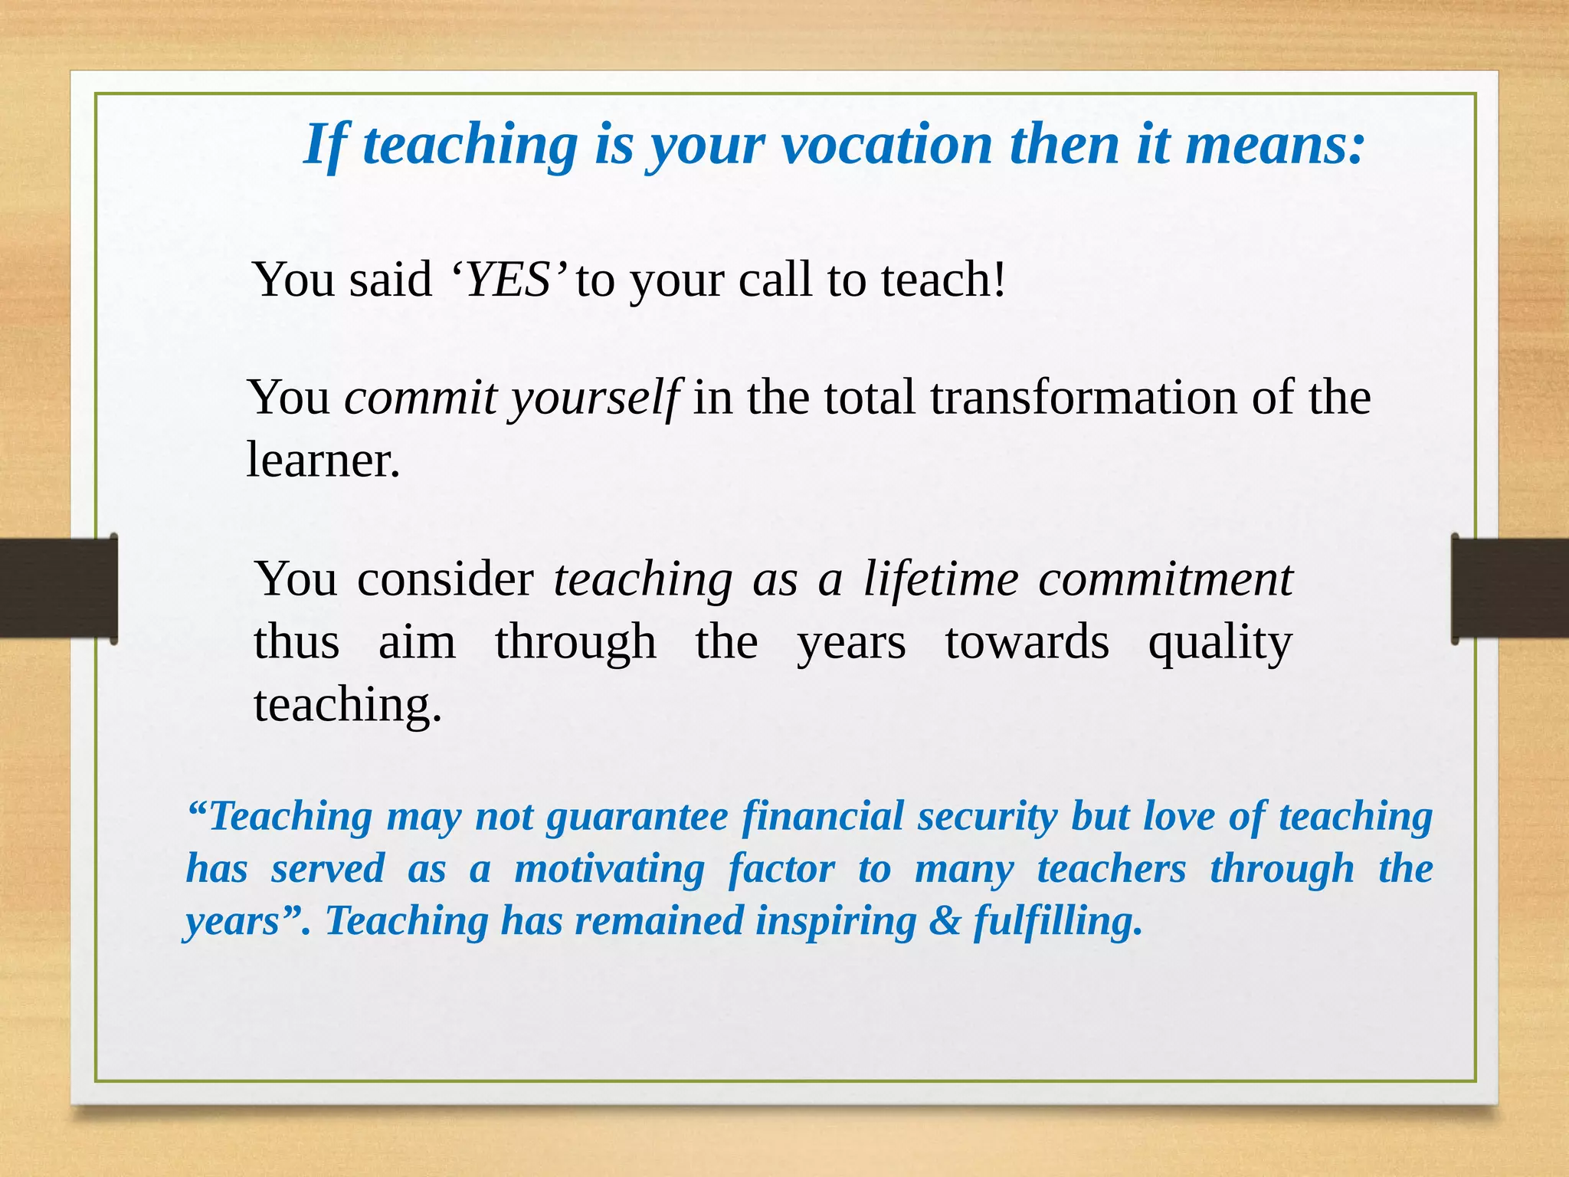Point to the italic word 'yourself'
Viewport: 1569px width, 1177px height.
[595, 398]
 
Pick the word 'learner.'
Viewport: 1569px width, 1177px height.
[323, 461]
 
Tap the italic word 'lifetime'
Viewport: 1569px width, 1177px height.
[941, 579]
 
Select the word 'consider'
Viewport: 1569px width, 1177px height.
[445, 579]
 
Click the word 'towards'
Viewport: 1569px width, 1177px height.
[1026, 642]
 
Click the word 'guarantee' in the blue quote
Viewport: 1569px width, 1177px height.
[637, 817]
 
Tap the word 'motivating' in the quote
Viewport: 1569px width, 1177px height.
[609, 869]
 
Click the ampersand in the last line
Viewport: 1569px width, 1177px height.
[945, 921]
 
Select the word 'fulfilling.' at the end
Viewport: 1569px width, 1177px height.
[1058, 921]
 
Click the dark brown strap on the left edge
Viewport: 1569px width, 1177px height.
[57, 588]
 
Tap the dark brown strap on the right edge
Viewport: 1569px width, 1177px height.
[1510, 588]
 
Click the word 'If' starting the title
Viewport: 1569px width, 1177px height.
[325, 146]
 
